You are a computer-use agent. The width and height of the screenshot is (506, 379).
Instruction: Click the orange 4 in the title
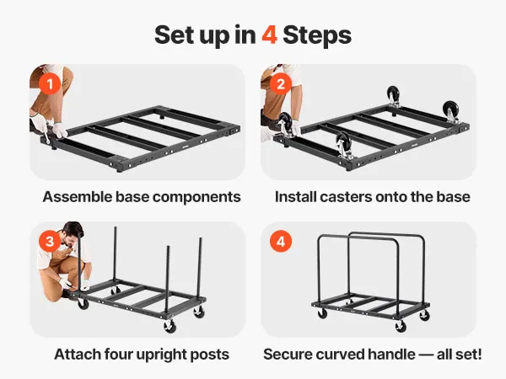pyautogui.click(x=270, y=35)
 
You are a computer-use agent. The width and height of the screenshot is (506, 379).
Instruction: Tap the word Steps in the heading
pyautogui.click(x=317, y=35)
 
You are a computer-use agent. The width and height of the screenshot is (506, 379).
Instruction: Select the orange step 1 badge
pyautogui.click(x=50, y=83)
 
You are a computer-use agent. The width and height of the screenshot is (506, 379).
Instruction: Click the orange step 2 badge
pyautogui.click(x=281, y=83)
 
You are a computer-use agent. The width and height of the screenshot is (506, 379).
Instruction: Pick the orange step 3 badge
pyautogui.click(x=50, y=241)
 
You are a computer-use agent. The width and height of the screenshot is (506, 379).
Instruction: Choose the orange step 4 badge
pyautogui.click(x=281, y=241)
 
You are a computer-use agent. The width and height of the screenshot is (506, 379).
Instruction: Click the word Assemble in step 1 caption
pyautogui.click(x=78, y=196)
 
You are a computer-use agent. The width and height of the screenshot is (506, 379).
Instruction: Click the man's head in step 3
pyautogui.click(x=72, y=233)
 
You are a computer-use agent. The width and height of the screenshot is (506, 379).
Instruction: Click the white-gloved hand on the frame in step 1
pyautogui.click(x=60, y=131)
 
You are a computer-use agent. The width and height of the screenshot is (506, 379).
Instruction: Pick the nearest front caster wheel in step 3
pyautogui.click(x=170, y=327)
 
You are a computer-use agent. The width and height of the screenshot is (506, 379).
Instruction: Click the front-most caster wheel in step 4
pyautogui.click(x=401, y=327)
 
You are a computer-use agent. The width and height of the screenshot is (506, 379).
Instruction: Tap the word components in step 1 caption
pyautogui.click(x=196, y=197)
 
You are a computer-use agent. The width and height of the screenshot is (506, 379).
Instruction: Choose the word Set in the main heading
pyautogui.click(x=174, y=35)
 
